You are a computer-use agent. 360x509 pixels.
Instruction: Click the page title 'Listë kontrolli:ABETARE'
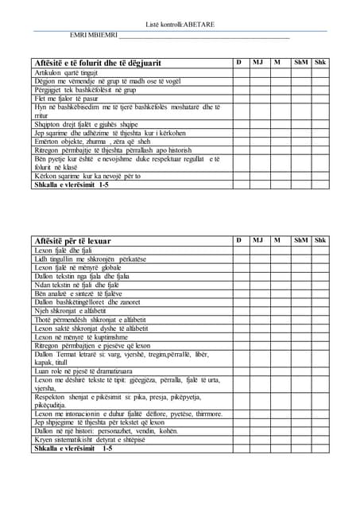click(180, 25)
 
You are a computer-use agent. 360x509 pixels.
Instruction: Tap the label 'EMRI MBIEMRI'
click(93, 35)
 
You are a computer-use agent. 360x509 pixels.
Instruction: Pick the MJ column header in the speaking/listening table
click(257, 62)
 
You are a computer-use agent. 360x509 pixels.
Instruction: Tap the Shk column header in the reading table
click(320, 240)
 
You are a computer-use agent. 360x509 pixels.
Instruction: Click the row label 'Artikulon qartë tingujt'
click(66, 73)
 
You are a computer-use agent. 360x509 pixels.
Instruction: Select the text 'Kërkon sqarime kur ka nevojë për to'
click(87, 176)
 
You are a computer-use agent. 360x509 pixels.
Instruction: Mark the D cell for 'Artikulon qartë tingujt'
click(239, 73)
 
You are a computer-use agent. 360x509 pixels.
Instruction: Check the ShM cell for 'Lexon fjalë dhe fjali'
click(301, 251)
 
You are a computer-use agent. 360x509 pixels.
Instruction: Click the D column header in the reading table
click(239, 240)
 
